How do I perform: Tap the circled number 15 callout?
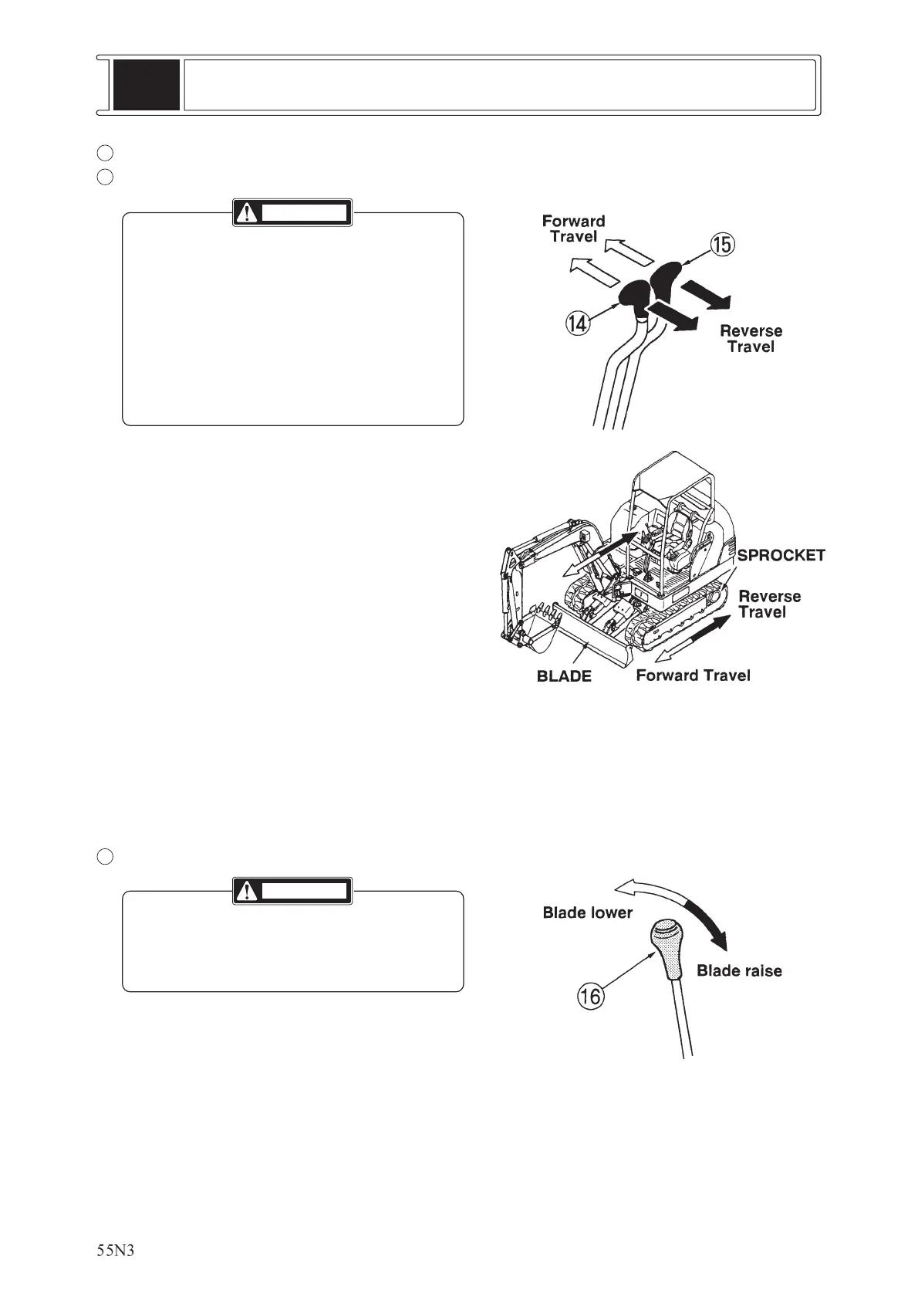point(723,245)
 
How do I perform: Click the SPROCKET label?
point(781,556)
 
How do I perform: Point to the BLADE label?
point(564,677)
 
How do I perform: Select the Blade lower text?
point(587,912)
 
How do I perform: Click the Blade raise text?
point(739,971)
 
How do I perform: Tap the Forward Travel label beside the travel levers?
point(573,229)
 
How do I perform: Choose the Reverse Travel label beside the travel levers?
point(751,339)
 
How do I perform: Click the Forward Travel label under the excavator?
point(693,675)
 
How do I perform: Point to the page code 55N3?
point(116,1251)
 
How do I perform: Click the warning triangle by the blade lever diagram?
point(247,892)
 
